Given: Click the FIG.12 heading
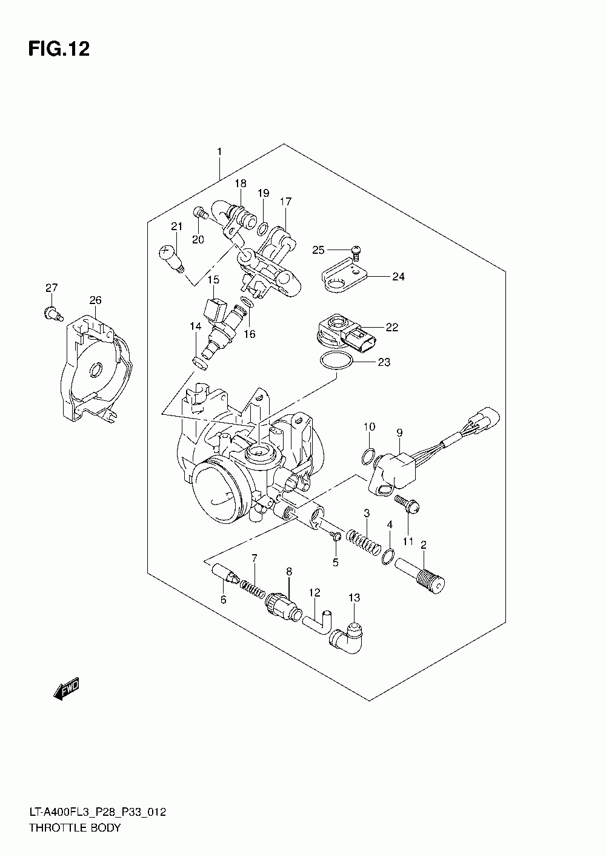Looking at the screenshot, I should coord(59,49).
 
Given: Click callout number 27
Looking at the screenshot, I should coord(51,287).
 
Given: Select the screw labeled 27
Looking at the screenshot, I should coord(53,313).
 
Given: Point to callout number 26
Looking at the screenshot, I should coord(95,300).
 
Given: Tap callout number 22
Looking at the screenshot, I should coord(392,327).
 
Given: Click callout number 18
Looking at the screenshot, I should coord(241,183).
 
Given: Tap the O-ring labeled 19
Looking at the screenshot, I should coord(264,228).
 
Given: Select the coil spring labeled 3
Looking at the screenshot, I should coord(364,542).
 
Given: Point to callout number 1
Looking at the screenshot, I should coord(219,151).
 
